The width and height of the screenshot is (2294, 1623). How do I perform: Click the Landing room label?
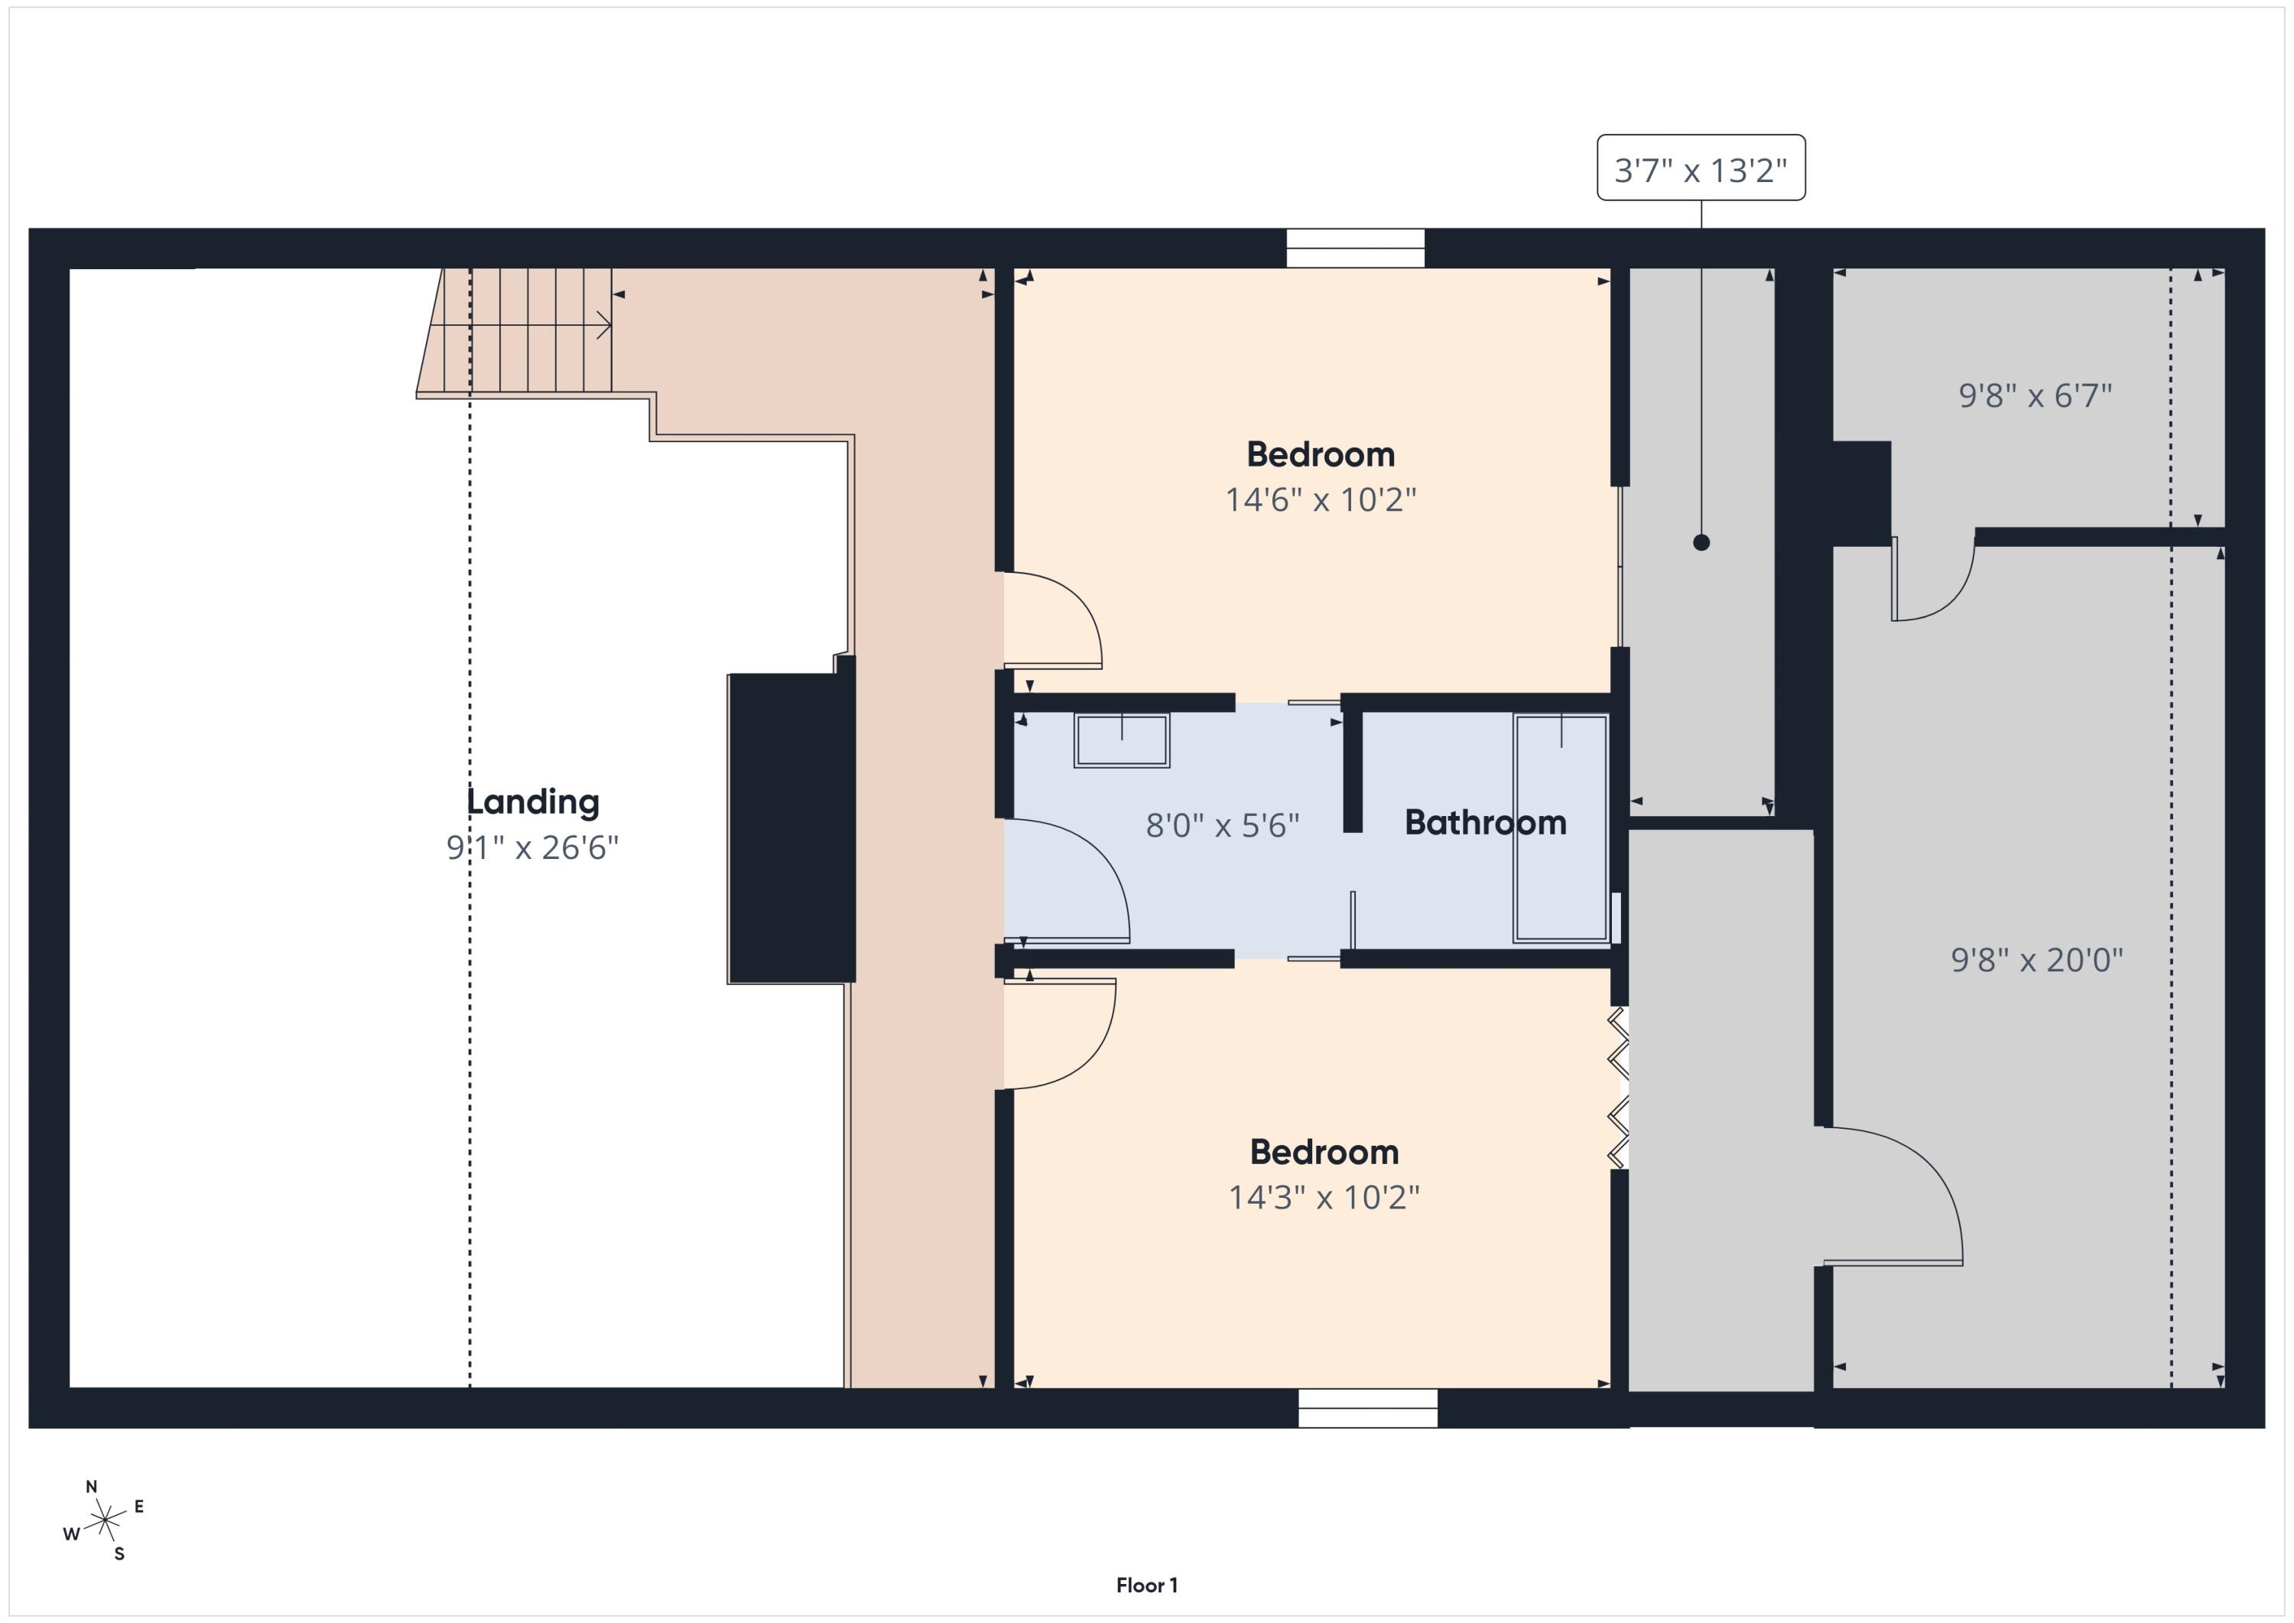pos(532,802)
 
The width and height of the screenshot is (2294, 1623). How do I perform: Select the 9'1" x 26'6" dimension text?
pos(532,847)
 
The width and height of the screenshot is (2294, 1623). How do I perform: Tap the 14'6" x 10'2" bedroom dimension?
pos(1321,499)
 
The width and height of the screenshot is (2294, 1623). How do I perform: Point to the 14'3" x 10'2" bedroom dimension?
pos(1324,1196)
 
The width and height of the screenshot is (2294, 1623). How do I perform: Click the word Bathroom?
pos(1485,822)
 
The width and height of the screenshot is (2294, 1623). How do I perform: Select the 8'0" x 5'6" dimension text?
pos(1222,825)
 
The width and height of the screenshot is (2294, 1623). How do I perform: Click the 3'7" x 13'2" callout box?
pos(1701,169)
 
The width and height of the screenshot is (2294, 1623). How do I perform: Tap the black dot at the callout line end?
pos(1701,543)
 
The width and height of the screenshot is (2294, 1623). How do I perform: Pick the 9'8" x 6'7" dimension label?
pos(2036,395)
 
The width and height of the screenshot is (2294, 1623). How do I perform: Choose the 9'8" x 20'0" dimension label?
pos(2037,959)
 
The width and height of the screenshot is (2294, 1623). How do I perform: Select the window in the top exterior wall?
pos(1355,248)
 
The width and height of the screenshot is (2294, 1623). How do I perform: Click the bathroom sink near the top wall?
pos(1121,740)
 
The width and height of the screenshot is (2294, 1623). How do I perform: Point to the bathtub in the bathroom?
pos(1561,828)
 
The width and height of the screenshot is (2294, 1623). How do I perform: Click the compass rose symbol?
pos(104,1522)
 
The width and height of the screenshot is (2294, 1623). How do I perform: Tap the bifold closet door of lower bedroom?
pos(1617,1088)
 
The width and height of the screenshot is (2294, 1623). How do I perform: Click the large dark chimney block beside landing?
pos(791,828)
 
